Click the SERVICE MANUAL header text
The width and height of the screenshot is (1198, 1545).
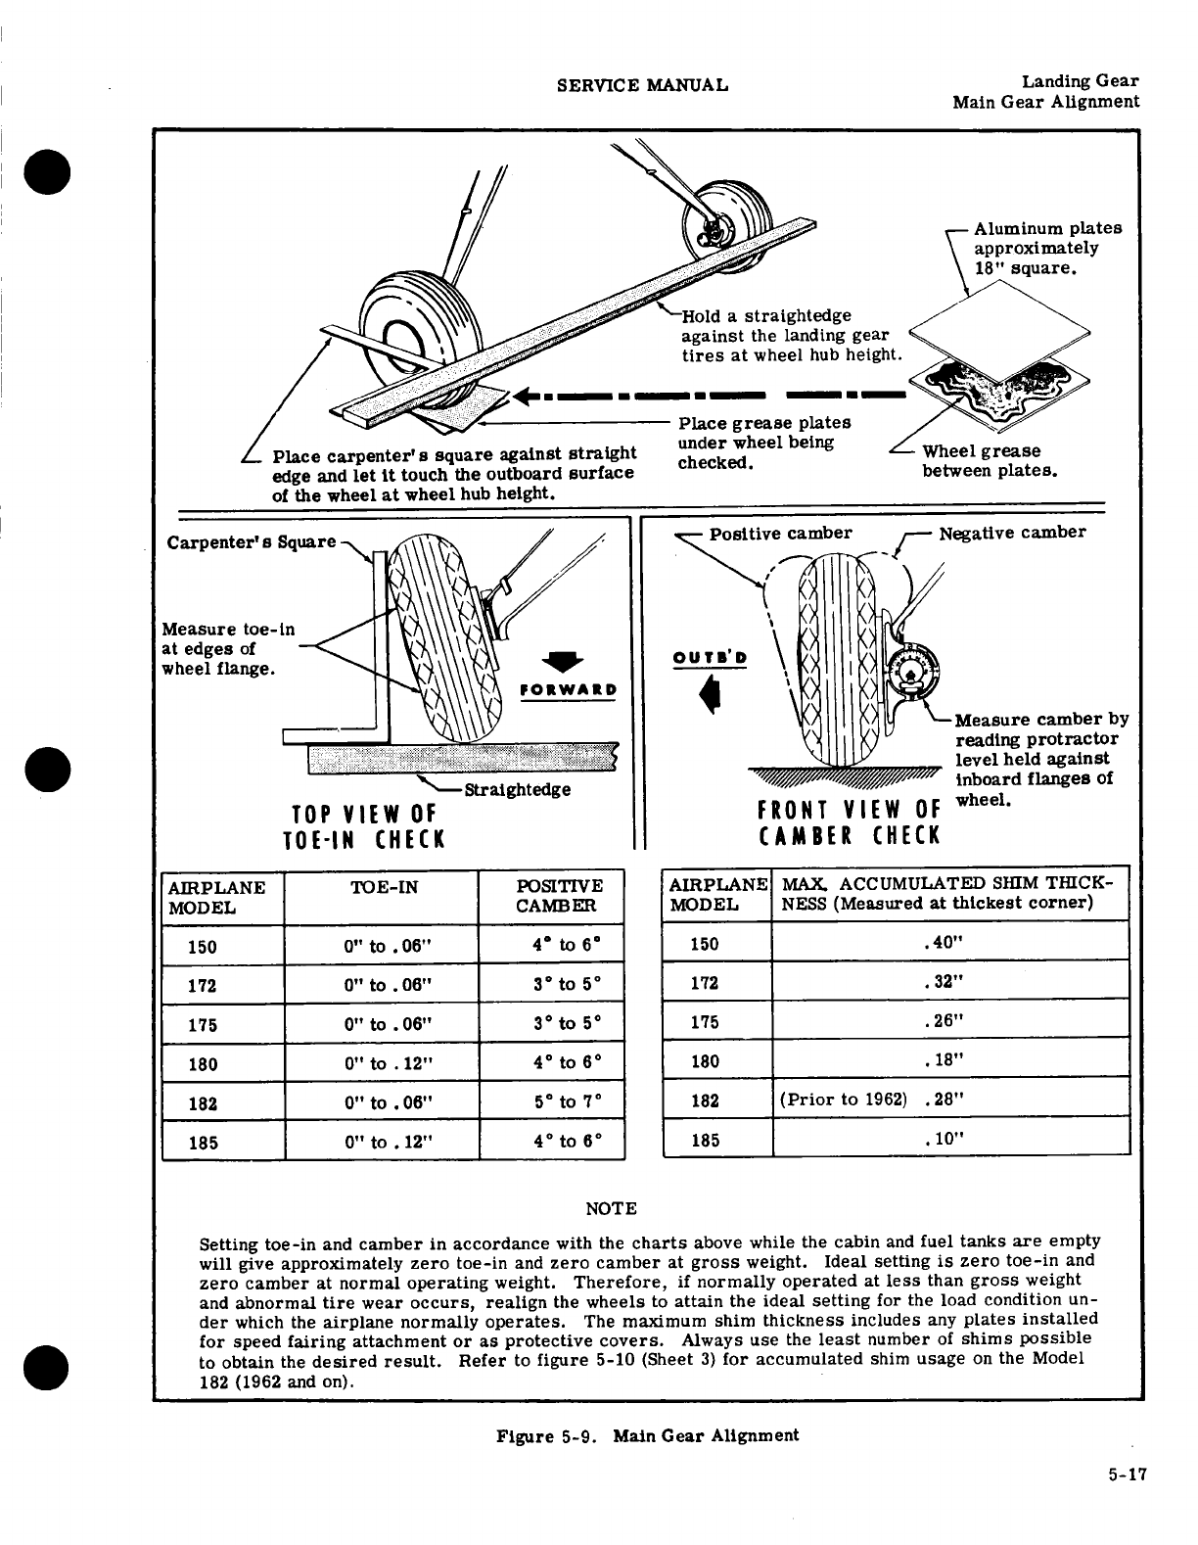coord(641,84)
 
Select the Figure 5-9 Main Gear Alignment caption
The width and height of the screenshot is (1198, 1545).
coord(647,1435)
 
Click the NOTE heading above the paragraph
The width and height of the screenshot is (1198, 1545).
coord(610,1209)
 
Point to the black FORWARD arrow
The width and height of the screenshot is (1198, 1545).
coord(569,660)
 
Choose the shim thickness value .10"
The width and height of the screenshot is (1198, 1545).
coord(944,1140)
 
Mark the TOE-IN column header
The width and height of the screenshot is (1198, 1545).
coord(384,888)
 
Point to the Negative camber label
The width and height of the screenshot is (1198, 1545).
coord(1012,534)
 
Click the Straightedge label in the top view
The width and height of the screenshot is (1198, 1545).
coord(517,789)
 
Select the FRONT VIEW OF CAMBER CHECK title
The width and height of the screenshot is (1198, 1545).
coord(848,822)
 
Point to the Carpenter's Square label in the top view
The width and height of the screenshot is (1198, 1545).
coord(252,542)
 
